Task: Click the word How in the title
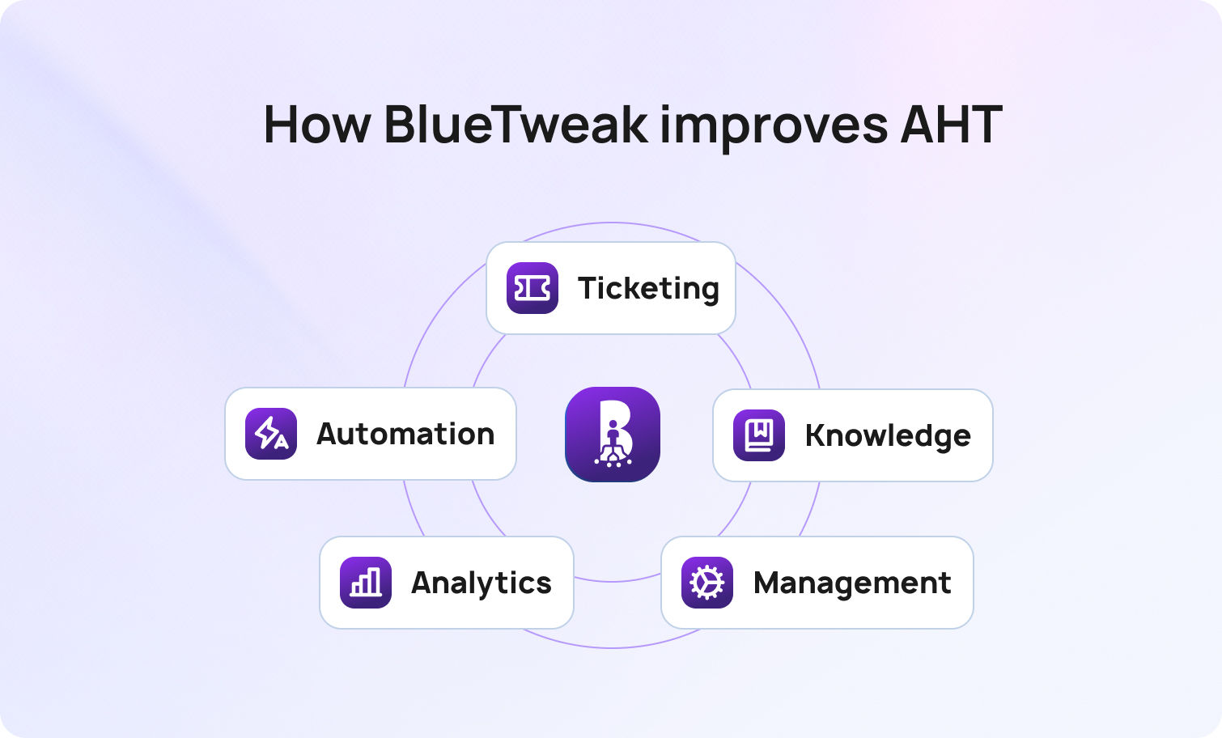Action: (x=316, y=125)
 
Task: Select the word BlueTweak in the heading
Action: (x=516, y=125)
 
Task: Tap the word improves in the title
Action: (x=773, y=126)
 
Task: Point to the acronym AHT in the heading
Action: (x=951, y=125)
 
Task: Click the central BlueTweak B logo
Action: (x=613, y=434)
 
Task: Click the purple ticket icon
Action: (x=533, y=288)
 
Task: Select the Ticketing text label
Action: (x=648, y=288)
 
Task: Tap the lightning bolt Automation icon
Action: (x=271, y=434)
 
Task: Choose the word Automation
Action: (x=405, y=434)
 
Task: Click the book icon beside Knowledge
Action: (x=759, y=435)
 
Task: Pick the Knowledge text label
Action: (x=888, y=435)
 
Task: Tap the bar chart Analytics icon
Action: (x=366, y=583)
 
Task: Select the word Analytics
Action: (x=482, y=583)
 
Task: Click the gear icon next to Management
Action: (x=707, y=583)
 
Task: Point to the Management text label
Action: (x=852, y=583)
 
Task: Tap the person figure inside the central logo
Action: (x=613, y=438)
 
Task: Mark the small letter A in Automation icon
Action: (x=280, y=442)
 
